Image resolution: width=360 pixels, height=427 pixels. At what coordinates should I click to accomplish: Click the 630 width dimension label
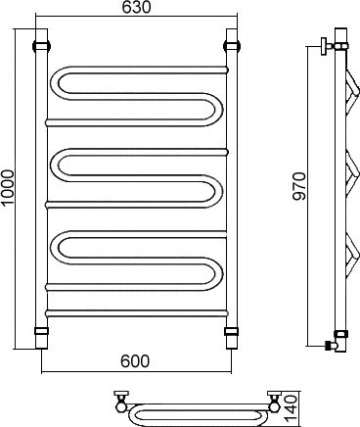point(137,8)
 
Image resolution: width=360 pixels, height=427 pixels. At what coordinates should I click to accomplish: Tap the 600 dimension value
point(135,361)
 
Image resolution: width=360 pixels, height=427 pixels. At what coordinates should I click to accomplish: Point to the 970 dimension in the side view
point(299,186)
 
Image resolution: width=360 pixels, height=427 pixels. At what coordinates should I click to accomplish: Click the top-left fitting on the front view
point(41,45)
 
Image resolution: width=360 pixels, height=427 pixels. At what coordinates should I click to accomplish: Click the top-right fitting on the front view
point(232,45)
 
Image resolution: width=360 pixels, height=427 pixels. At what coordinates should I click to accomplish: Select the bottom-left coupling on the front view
point(41,331)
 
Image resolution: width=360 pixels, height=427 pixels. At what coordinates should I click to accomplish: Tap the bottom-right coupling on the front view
point(232,331)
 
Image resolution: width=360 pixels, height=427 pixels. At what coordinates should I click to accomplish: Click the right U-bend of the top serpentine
point(219,110)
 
